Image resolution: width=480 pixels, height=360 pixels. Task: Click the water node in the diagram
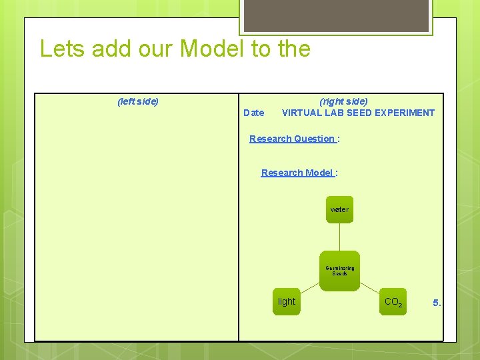click(339, 209)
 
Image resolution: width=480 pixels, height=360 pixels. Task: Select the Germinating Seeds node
click(339, 271)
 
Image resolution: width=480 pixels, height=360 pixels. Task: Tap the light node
click(287, 301)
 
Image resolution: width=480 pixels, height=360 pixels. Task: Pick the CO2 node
click(393, 302)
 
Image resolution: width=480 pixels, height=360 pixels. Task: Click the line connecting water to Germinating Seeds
click(339, 237)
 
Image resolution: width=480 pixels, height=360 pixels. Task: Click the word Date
click(254, 113)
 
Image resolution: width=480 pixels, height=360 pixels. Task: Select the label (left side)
click(138, 101)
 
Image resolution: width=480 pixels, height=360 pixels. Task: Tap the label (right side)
click(343, 101)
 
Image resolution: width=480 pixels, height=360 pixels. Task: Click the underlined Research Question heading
click(292, 139)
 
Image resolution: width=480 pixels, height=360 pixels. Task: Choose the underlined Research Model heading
click(297, 173)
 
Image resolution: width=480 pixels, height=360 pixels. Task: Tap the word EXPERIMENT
click(404, 113)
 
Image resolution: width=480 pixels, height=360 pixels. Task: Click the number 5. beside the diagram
click(437, 303)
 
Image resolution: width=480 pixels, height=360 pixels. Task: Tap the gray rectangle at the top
click(336, 15)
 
